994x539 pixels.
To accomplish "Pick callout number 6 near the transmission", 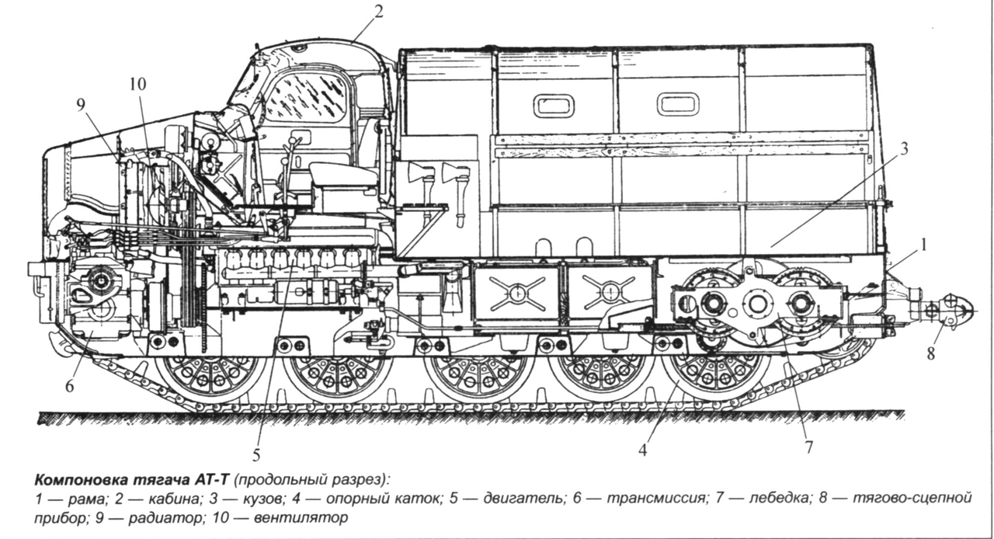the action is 69,386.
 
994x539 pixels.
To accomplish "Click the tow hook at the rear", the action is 957,309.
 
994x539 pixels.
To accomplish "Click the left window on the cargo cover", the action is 554,105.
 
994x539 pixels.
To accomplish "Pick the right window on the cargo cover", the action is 678,104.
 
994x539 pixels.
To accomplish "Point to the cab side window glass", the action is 306,96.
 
